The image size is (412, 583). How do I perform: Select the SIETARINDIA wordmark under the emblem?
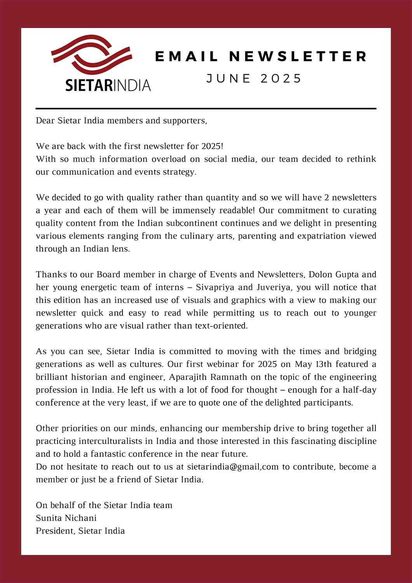point(108,85)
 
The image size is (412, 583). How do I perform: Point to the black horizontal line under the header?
point(206,108)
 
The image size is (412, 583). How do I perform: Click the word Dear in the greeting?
point(45,120)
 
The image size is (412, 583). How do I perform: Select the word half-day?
point(359,390)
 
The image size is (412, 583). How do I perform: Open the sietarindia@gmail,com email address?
point(232,467)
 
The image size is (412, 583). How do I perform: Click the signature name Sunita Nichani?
point(66,518)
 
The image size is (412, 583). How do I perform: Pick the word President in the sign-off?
point(55,531)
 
